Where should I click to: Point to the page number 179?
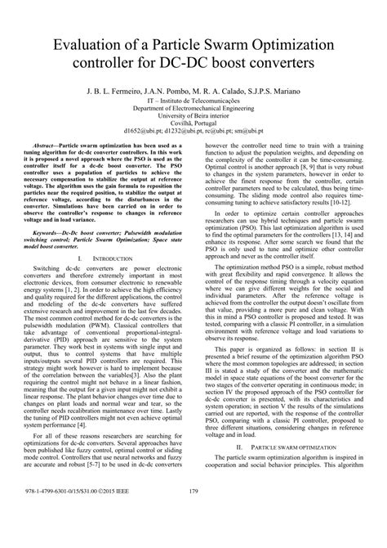tap(193, 514)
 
